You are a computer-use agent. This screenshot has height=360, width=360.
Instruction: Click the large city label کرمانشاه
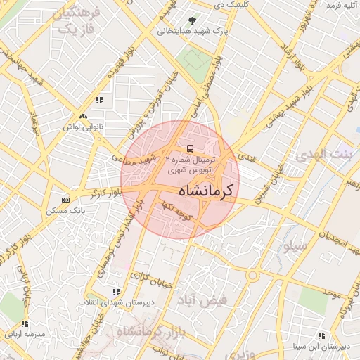(x=209, y=191)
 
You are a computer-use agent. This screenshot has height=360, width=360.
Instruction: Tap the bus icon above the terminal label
(x=191, y=148)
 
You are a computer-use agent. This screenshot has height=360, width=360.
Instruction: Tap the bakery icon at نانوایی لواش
(x=84, y=116)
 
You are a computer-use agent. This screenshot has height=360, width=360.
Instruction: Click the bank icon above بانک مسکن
(x=65, y=200)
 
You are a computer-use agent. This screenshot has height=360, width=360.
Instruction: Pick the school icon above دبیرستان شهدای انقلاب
(x=115, y=291)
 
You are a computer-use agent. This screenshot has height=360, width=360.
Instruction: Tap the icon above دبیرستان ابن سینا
(x=321, y=335)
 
